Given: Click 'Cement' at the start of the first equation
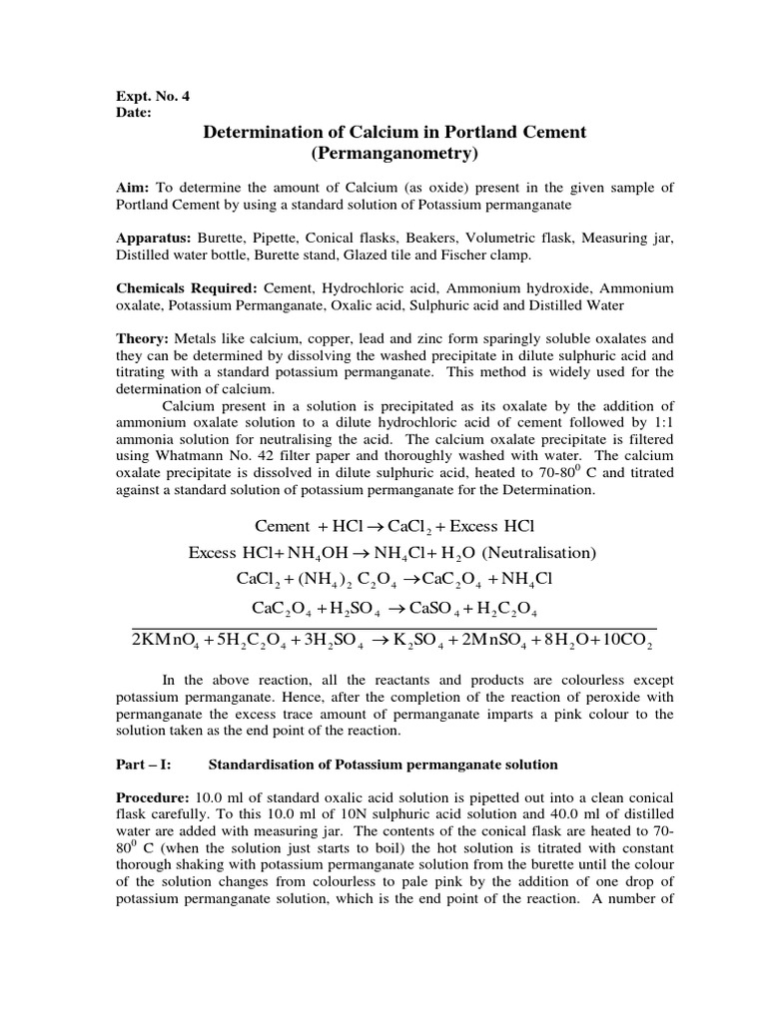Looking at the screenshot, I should (x=283, y=526).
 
